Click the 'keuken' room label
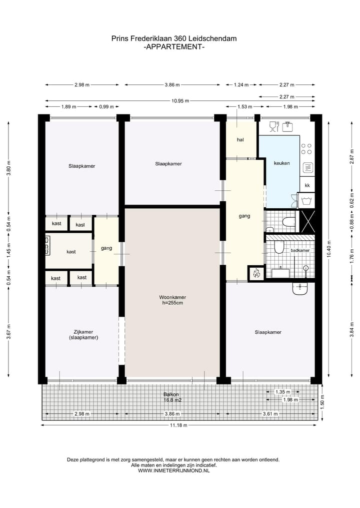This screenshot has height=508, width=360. coord(281,163)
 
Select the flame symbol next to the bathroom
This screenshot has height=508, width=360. coord(255,274)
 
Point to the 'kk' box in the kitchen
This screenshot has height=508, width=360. coord(307,185)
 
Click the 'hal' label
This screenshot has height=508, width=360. coord(240,140)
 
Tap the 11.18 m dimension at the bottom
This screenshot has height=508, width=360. coord(178,425)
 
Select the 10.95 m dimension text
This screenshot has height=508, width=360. coord(180,100)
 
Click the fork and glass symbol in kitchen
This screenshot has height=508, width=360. coord(273,127)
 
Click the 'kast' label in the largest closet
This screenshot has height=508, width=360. coord(71,252)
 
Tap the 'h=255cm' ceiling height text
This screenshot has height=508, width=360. coord(172,303)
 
